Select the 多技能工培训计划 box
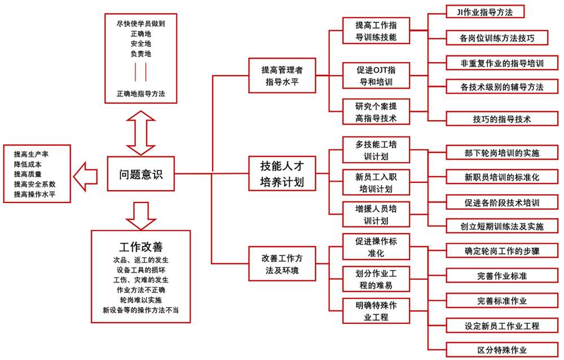pos(376,150)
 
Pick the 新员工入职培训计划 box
pos(376,182)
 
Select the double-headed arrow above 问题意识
pos(140,131)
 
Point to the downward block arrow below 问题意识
pos(140,212)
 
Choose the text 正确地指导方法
pos(141,93)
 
